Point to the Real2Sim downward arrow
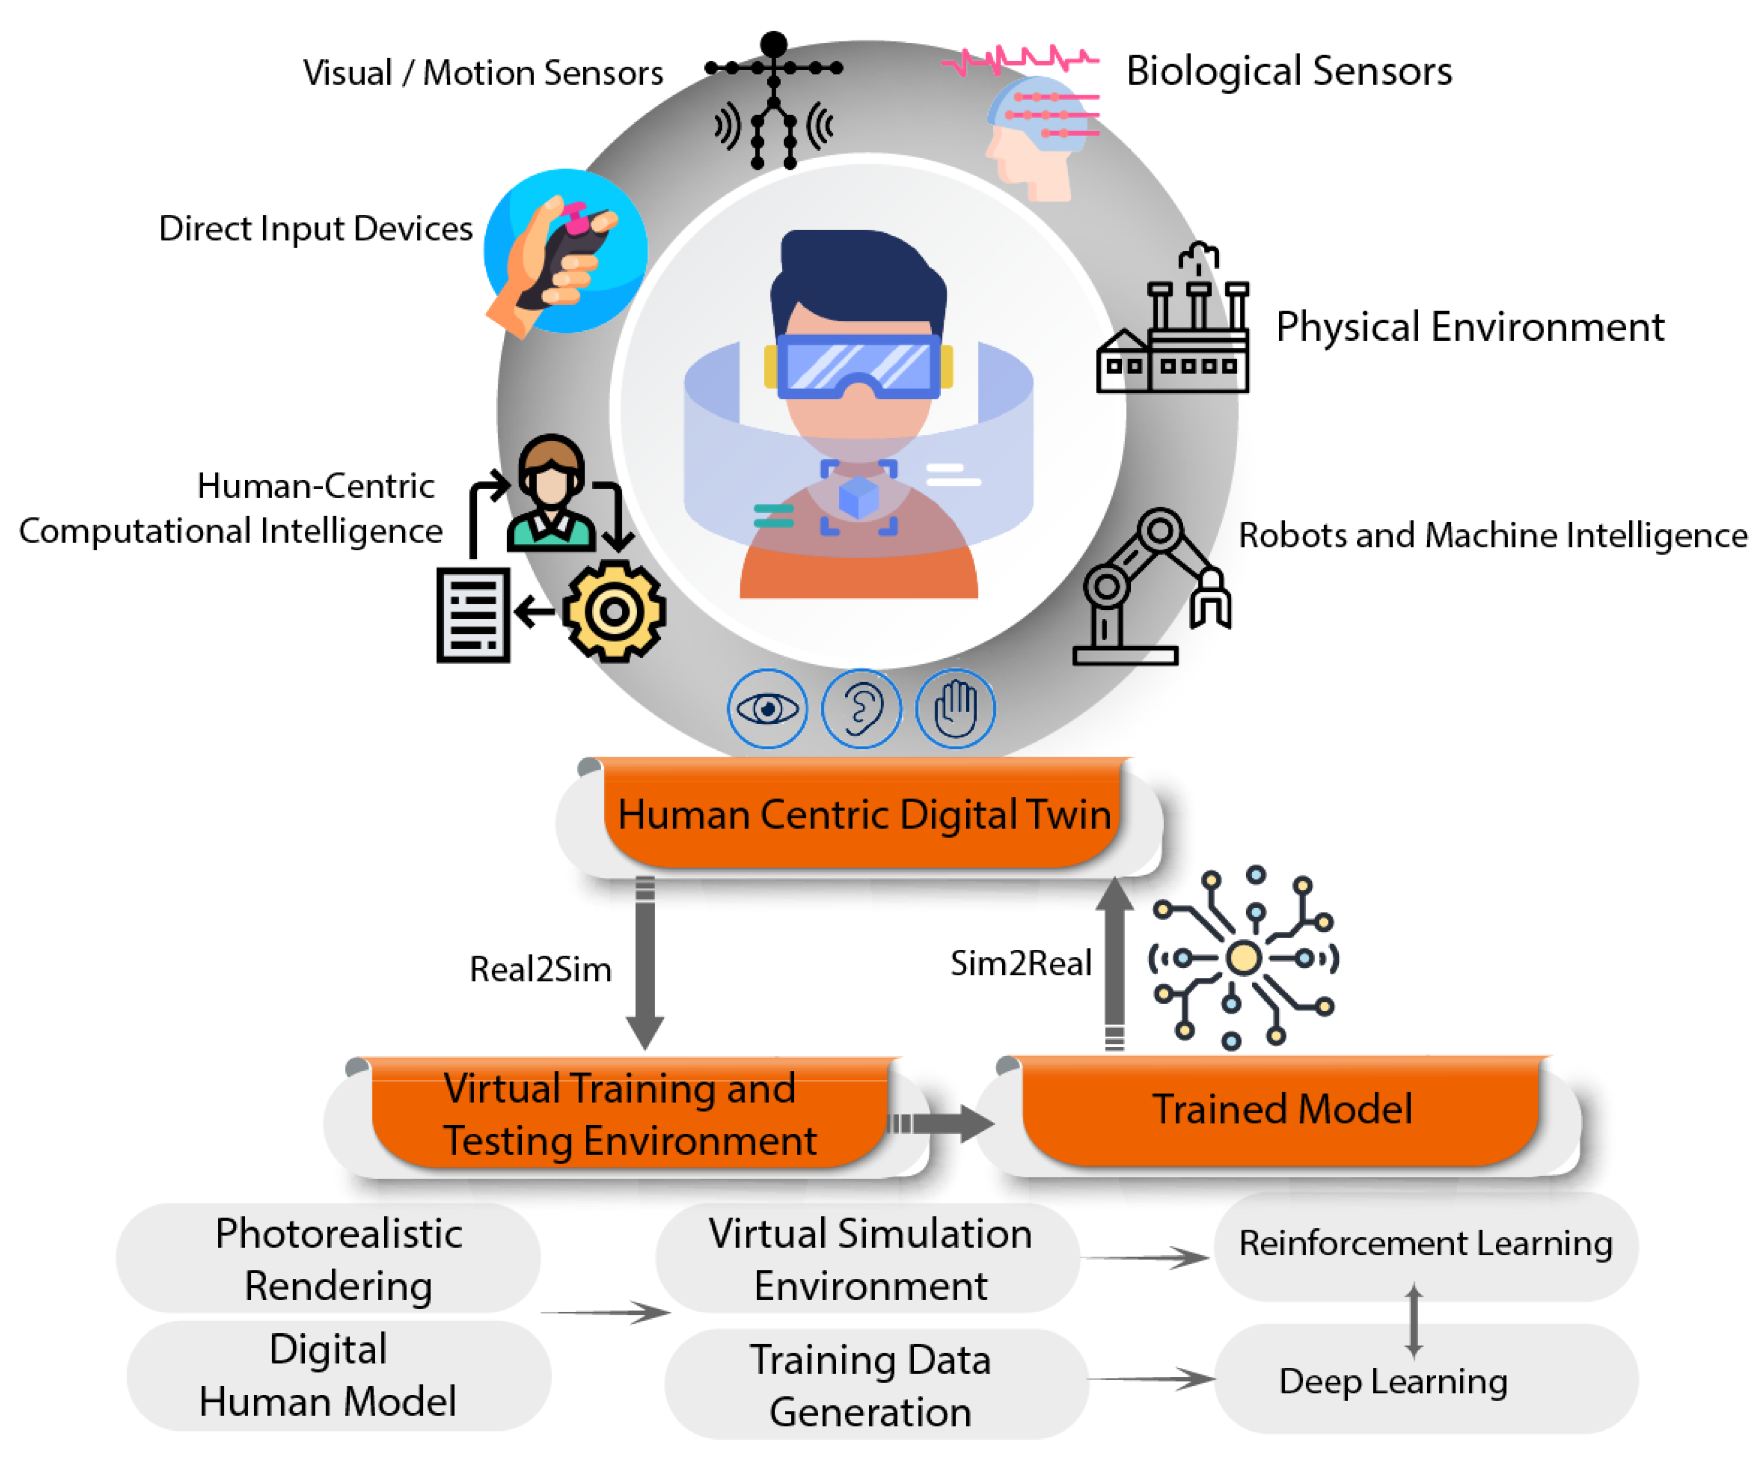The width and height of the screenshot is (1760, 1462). (x=645, y=964)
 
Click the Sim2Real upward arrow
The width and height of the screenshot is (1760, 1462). (x=1114, y=964)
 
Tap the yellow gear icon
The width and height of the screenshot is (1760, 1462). (x=614, y=612)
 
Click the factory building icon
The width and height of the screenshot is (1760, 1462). (x=1173, y=335)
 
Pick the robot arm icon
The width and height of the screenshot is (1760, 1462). (x=1148, y=586)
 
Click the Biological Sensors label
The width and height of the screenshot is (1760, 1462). (x=1288, y=71)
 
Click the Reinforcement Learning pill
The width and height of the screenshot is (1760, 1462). (x=1425, y=1244)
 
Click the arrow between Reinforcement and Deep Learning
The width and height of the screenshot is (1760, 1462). (x=1414, y=1321)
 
